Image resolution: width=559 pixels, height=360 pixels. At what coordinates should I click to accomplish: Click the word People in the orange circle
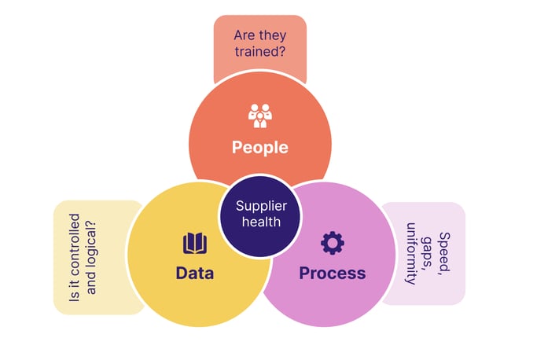pyautogui.click(x=259, y=147)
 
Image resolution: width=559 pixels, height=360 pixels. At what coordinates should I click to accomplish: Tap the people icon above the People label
pyautogui.click(x=259, y=116)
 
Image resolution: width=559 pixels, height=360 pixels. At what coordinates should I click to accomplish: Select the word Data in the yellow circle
pyautogui.click(x=195, y=273)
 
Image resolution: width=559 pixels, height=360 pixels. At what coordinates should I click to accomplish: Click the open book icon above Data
pyautogui.click(x=195, y=243)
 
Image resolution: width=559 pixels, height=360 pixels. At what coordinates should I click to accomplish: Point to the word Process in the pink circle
pyautogui.click(x=332, y=273)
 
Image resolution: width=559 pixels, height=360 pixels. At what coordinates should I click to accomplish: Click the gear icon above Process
pyautogui.click(x=333, y=243)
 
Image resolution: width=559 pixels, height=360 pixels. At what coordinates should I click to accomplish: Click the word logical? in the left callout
pyautogui.click(x=92, y=244)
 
